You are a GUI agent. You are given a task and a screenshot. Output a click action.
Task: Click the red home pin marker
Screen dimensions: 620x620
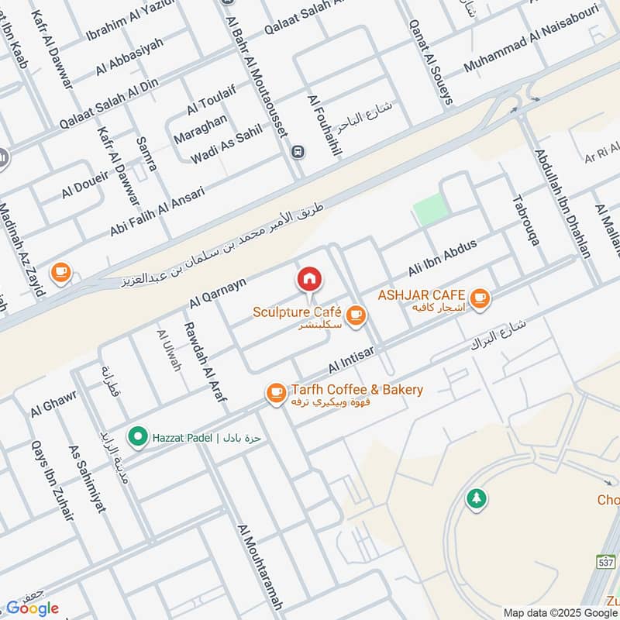click(308, 278)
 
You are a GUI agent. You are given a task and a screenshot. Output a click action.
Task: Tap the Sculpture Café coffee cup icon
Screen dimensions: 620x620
click(356, 315)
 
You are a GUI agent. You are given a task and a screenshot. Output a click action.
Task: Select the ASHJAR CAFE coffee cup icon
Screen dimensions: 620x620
click(480, 297)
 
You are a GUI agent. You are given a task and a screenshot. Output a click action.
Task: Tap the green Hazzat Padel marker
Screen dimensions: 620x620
click(138, 438)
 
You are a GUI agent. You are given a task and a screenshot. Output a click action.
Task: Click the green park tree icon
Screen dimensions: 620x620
click(476, 498)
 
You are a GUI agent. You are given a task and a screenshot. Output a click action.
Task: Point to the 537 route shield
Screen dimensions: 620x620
click(606, 561)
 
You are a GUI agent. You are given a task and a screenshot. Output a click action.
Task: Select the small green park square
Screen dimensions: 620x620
click(431, 210)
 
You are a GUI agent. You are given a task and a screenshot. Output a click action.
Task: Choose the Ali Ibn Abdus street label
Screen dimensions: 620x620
click(443, 258)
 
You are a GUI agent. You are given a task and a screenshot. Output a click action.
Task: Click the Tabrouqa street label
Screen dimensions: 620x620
click(525, 219)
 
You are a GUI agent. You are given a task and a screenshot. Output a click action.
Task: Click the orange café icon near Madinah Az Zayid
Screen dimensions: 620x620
click(60, 272)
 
